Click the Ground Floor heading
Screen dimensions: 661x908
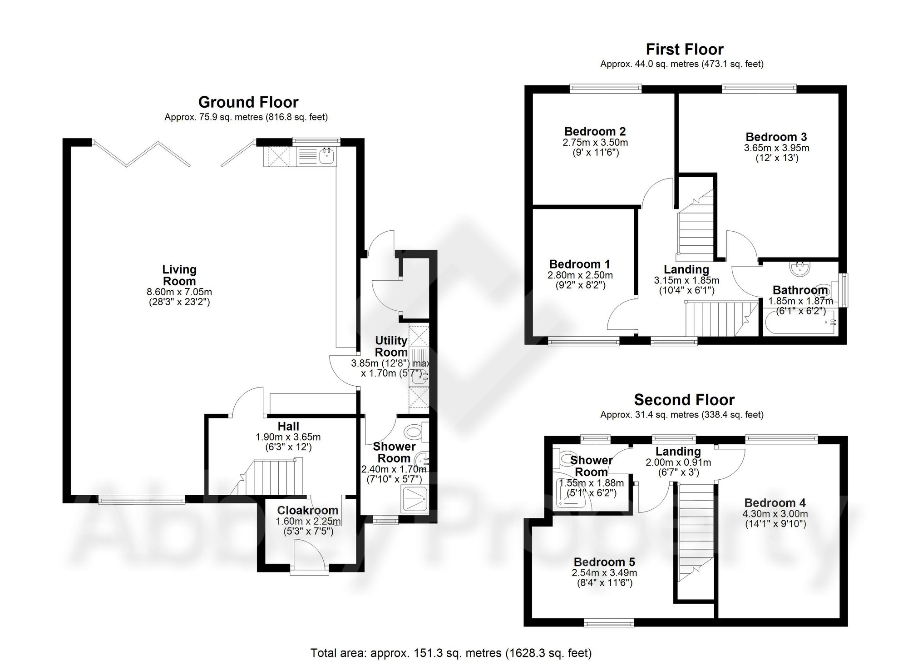click(x=248, y=102)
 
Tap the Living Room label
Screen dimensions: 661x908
click(x=179, y=275)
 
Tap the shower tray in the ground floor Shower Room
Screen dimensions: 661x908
click(x=415, y=500)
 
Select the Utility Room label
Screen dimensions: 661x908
click(x=391, y=347)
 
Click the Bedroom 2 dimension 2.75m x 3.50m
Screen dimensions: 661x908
click(x=595, y=142)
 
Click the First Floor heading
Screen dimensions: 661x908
click(x=685, y=49)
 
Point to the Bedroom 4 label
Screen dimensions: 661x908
click(x=775, y=503)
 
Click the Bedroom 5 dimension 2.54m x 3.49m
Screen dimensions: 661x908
click(x=604, y=573)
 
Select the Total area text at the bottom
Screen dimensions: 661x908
click(x=451, y=653)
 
